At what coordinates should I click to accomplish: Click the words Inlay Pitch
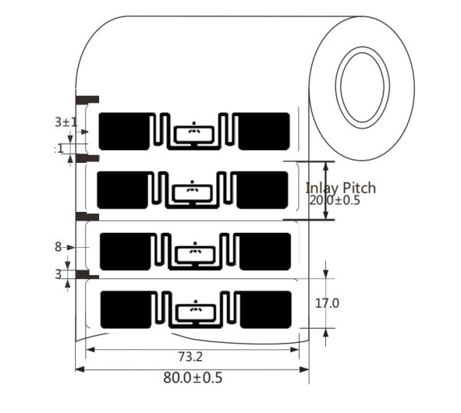[x=340, y=188]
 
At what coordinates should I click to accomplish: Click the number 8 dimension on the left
[x=58, y=247]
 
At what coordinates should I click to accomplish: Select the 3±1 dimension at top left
[x=65, y=122]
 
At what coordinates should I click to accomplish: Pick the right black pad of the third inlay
[x=264, y=251]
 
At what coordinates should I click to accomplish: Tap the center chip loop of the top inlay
[x=193, y=133]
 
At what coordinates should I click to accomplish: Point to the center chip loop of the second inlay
[x=192, y=192]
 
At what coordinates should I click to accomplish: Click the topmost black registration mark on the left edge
[x=87, y=99]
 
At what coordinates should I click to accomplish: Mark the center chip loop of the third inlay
[x=193, y=253]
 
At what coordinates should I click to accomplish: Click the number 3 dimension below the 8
[x=58, y=274]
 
